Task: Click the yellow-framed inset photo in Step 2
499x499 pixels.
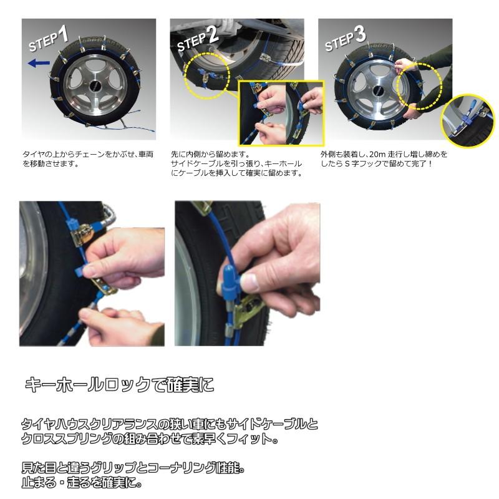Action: (x=281, y=112)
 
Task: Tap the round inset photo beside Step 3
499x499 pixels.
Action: (x=467, y=116)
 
